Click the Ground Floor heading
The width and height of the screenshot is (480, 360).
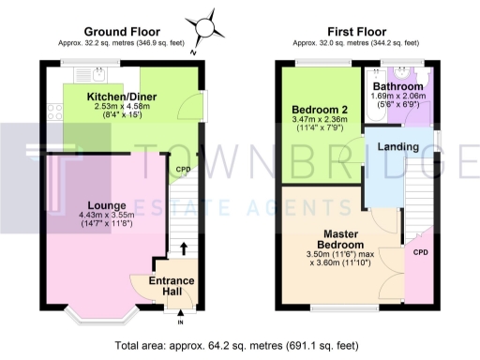(122, 31)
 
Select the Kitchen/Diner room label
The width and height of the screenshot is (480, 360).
(122, 97)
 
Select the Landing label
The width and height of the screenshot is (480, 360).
(397, 147)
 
